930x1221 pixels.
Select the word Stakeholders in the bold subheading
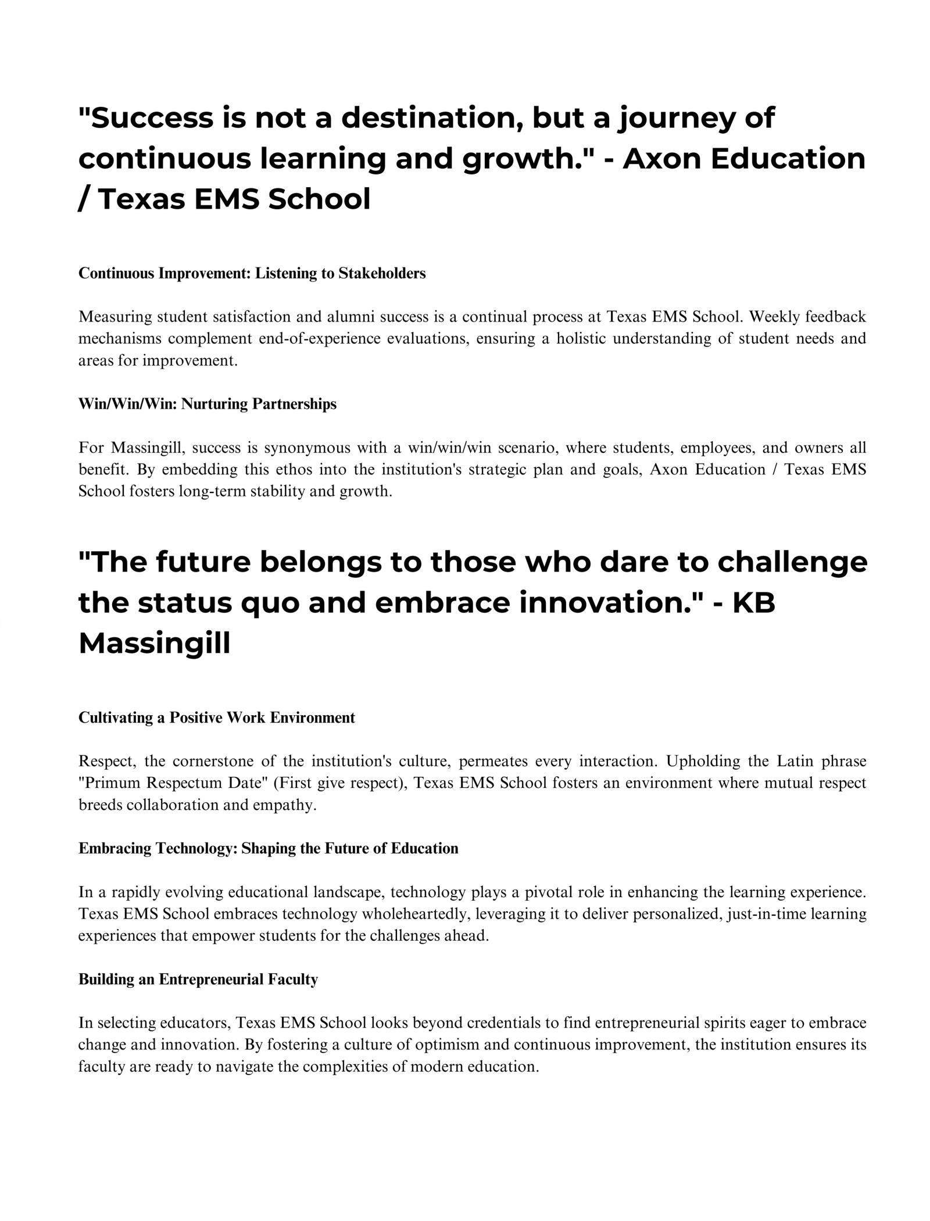point(382,273)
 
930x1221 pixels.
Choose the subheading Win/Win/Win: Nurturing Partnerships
point(208,404)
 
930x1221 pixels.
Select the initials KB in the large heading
point(754,603)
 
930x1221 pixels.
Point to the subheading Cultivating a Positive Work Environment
point(217,718)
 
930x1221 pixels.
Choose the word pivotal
point(548,892)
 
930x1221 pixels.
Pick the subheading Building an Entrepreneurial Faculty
point(198,980)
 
